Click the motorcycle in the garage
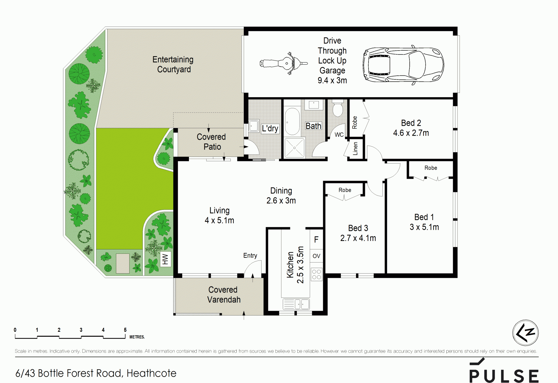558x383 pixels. [x=284, y=63]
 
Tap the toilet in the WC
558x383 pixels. [x=338, y=108]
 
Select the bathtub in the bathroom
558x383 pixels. [x=292, y=122]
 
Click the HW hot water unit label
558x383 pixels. [x=165, y=259]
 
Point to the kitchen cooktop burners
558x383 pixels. [x=316, y=274]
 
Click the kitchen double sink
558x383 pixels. [x=296, y=304]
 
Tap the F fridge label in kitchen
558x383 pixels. [x=316, y=240]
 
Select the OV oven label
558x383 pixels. [x=316, y=256]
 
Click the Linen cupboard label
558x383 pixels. [x=355, y=148]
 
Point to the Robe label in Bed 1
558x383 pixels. [x=431, y=168]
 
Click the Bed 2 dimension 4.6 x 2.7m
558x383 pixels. [x=411, y=133]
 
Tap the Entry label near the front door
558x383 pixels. [x=250, y=256]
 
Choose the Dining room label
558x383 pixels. [x=281, y=191]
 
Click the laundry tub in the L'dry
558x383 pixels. [x=254, y=126]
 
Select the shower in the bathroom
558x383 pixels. [x=294, y=148]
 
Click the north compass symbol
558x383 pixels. [x=525, y=333]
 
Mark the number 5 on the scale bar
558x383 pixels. [x=125, y=330]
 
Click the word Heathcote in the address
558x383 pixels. [x=151, y=373]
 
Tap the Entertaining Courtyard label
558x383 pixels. [x=173, y=64]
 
